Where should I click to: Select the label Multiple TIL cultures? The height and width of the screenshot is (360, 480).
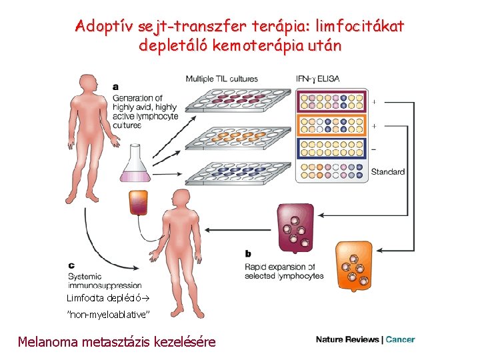click(221, 79)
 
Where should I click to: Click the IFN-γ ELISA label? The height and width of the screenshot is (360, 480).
click(317, 79)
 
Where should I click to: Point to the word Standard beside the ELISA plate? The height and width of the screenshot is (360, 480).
click(387, 172)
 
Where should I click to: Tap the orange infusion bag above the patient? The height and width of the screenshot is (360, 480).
click(138, 202)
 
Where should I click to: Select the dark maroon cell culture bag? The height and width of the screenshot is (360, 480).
click(295, 227)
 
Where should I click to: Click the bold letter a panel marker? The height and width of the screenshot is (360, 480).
click(117, 87)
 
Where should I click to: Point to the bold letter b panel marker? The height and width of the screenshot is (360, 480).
click(248, 253)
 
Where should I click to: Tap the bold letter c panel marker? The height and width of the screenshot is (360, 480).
click(71, 265)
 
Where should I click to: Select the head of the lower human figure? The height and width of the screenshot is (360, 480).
click(180, 198)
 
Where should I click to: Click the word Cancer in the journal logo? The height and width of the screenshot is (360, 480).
click(400, 339)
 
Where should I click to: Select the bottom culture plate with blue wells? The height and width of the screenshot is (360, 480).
click(237, 172)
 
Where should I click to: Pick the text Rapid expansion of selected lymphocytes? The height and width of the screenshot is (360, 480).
click(284, 271)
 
